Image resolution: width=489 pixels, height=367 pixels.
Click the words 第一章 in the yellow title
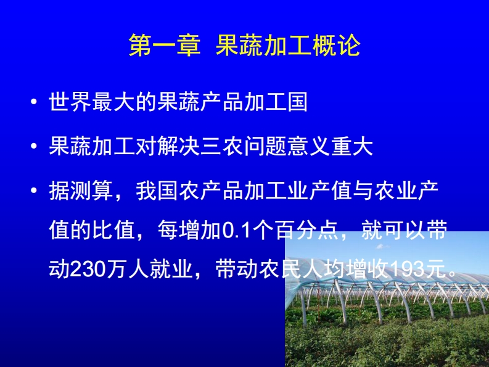[165, 46]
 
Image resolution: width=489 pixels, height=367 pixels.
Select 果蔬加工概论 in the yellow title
[288, 46]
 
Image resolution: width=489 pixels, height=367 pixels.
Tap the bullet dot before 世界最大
[34, 101]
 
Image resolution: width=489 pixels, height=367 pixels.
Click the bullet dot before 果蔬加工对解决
[34, 146]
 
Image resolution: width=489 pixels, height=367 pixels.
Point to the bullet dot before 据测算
[34, 191]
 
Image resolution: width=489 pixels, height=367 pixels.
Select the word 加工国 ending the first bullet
[276, 101]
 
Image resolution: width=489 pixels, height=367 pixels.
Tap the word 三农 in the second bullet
[223, 146]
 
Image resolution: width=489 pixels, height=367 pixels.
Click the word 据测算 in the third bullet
[81, 191]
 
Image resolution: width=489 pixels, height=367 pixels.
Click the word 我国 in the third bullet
[157, 191]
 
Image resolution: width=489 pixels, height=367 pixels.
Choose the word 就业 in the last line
[171, 269]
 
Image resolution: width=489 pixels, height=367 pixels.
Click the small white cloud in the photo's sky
[379, 247]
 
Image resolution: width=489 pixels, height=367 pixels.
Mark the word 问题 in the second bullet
[265, 146]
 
